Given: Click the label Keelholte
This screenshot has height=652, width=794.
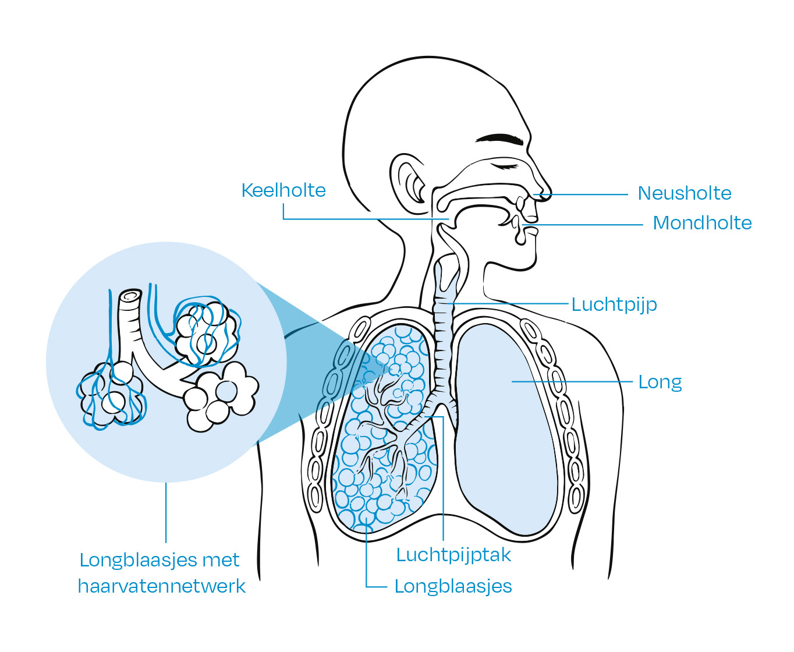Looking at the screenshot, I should click(283, 190).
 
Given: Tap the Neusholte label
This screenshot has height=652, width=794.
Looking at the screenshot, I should click(684, 193).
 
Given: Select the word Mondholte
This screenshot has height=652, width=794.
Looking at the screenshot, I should click(702, 223).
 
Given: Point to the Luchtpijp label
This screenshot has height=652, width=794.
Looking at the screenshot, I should click(614, 304).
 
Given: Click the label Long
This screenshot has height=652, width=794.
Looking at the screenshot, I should click(660, 382).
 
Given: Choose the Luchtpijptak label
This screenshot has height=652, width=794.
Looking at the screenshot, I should click(453, 555).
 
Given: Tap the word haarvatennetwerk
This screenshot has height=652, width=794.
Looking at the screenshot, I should click(162, 586).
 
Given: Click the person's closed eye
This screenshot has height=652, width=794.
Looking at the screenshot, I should click(505, 166).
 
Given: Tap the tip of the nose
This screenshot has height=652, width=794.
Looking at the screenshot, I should click(547, 196).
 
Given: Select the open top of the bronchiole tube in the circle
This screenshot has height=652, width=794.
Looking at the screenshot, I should click(130, 296).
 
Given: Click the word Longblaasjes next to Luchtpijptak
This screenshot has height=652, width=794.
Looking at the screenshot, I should click(453, 586).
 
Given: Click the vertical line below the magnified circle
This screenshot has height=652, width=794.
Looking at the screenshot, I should click(166, 512).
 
